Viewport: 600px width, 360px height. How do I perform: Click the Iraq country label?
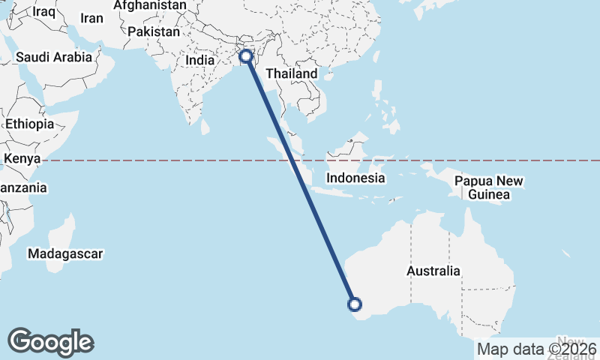point(44,12)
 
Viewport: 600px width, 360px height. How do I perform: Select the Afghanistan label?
point(150,5)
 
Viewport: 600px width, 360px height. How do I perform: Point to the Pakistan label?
point(154,32)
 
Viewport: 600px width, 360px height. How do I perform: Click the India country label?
point(200,61)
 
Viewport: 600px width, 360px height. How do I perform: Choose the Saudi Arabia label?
point(54,57)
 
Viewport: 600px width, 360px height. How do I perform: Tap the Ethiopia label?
point(28,124)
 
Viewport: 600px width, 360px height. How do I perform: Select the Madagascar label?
point(65,254)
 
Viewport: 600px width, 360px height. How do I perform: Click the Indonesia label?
point(355,178)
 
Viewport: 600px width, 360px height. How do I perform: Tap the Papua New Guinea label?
point(489,188)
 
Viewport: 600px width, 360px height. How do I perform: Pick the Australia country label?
point(433,271)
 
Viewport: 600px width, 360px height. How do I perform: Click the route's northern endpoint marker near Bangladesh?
point(245,55)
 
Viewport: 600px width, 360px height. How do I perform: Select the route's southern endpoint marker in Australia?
point(355,304)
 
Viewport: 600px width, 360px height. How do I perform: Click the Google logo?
point(51,342)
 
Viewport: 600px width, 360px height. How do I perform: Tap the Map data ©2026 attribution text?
point(536,349)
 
